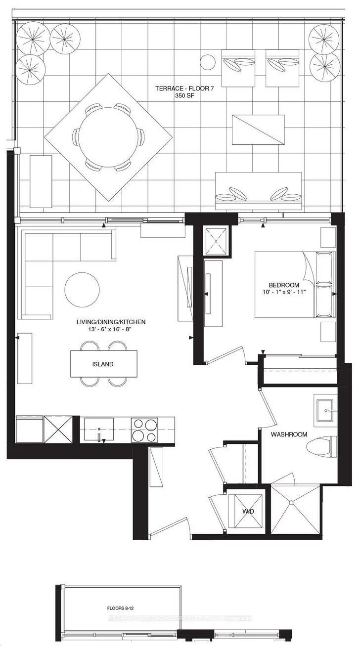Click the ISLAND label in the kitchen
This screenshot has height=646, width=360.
[x=104, y=364]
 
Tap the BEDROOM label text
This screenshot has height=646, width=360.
[x=283, y=285]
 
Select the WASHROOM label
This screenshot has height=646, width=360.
[x=289, y=434]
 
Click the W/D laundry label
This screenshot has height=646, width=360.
[x=248, y=511]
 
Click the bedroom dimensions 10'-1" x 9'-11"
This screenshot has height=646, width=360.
[x=284, y=292]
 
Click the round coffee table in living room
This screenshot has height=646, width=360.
[x=82, y=289]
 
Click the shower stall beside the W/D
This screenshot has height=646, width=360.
[x=295, y=509]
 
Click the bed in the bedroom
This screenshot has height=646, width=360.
[x=295, y=284]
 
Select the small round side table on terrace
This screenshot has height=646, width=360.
[x=208, y=62]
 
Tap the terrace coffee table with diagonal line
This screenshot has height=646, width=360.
[x=258, y=129]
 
